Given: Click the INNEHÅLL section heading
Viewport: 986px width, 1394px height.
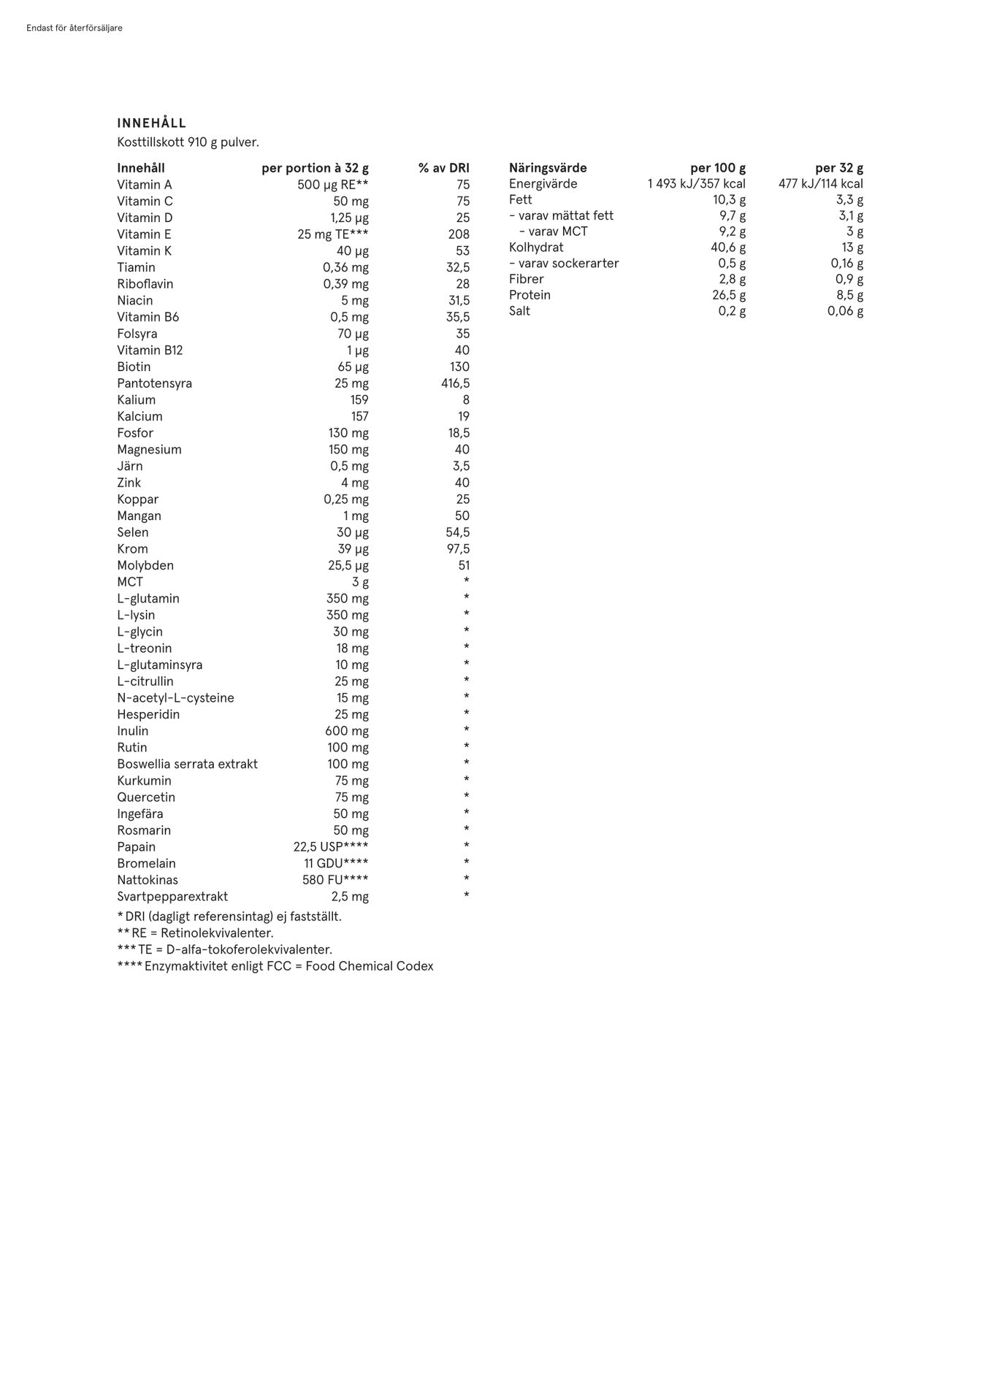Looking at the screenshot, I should coord(151,123).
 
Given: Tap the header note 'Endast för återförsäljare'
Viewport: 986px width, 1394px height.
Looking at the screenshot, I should coord(74,28).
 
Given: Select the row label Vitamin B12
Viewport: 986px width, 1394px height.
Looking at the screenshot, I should coord(150,350).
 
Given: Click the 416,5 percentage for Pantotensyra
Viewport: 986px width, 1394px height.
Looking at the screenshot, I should coord(455,383).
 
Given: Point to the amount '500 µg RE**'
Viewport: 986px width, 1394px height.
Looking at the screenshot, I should coord(332,185).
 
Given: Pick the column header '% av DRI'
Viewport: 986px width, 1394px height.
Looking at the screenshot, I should coord(443,168).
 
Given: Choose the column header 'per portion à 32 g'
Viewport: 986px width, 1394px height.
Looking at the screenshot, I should coord(315,168).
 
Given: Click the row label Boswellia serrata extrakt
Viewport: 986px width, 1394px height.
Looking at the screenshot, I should coord(187,764).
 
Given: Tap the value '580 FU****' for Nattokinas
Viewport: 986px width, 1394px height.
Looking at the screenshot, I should coord(335,880).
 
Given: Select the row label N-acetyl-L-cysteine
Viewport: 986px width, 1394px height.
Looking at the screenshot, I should coord(175,697).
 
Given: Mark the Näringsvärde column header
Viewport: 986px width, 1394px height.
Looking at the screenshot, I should coord(548,168).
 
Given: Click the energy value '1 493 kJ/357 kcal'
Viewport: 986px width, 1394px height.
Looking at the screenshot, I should coord(696,184).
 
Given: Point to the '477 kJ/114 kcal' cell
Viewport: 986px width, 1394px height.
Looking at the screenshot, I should coord(820,184).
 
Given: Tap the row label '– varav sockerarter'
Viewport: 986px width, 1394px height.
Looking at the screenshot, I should coord(564,263).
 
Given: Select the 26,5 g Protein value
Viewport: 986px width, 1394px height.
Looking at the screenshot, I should coord(729,295).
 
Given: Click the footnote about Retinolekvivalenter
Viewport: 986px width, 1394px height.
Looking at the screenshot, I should coord(195,932).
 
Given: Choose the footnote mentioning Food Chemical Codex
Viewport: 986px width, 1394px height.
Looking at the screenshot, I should coord(275,966).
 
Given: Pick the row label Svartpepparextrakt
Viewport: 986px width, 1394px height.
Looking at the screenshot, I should coord(172,896).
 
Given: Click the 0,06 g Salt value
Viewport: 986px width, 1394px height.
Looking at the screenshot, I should coord(845,311).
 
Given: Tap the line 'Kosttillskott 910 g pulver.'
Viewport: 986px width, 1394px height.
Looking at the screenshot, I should coord(188,142).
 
